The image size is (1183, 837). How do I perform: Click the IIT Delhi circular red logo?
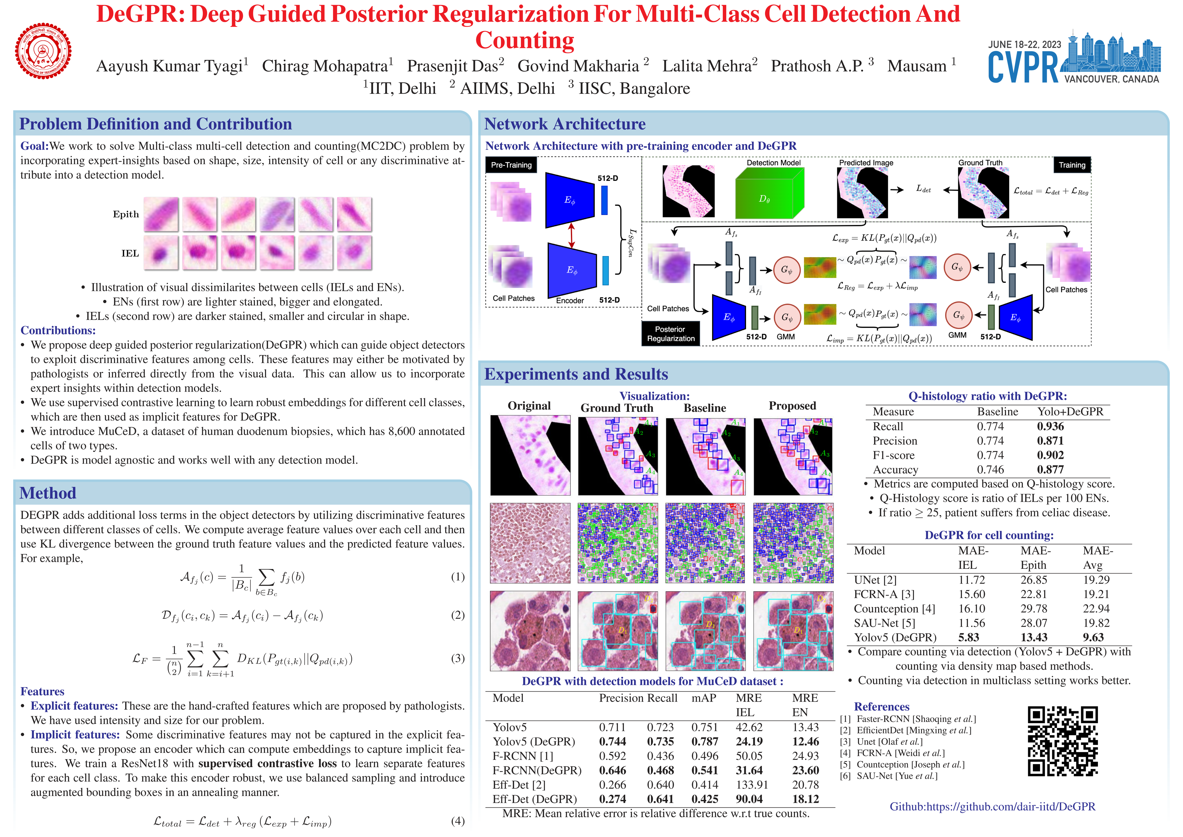tap(43, 51)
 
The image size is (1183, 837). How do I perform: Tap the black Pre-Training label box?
tap(511, 165)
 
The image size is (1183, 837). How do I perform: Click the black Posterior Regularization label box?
tap(670, 333)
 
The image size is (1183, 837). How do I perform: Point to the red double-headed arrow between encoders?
tap(571, 235)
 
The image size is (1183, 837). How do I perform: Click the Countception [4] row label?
tap(894, 608)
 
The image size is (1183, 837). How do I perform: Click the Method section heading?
tap(48, 493)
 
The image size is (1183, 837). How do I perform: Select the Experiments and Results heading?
tap(576, 374)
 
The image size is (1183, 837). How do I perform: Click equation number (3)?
tap(458, 658)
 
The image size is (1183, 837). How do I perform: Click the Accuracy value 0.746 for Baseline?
tap(990, 470)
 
